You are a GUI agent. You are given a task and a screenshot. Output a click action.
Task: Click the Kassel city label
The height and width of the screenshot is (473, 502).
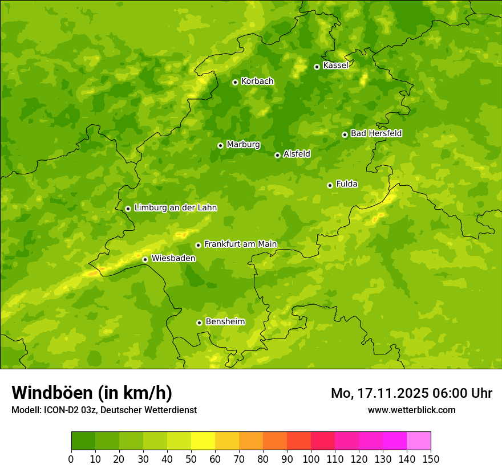tap(335, 66)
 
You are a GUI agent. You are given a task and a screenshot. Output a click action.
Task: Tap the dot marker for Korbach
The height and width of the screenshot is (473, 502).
tap(235, 82)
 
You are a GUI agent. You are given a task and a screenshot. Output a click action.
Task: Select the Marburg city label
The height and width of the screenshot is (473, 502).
tap(243, 145)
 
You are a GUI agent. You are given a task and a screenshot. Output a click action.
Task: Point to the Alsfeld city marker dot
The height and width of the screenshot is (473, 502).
tap(277, 155)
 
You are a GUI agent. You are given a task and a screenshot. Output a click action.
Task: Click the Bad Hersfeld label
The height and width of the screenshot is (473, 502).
tap(376, 133)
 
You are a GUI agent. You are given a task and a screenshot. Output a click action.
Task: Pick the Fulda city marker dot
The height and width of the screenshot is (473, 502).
tap(330, 185)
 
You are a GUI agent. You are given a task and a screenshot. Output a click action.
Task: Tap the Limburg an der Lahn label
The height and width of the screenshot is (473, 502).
tap(175, 208)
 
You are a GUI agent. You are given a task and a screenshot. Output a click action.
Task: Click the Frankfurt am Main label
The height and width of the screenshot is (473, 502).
tap(240, 244)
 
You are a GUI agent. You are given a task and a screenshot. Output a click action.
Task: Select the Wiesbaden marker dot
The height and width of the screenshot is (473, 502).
tap(145, 259)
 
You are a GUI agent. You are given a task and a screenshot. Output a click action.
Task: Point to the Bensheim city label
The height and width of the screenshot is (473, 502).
tap(225, 321)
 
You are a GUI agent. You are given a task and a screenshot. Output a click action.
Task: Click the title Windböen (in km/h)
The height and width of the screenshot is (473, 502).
tap(92, 393)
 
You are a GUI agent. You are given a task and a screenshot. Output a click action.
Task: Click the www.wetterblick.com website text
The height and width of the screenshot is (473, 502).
tap(411, 410)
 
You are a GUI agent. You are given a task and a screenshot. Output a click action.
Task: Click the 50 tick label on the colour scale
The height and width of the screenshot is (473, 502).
tap(191, 459)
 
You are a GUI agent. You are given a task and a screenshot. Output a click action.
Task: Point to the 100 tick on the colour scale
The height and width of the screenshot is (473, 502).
tap(311, 459)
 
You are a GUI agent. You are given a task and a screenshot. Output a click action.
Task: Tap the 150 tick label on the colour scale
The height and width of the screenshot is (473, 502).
tap(431, 459)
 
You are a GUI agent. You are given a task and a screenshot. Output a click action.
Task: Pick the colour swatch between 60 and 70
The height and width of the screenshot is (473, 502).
tap(227, 441)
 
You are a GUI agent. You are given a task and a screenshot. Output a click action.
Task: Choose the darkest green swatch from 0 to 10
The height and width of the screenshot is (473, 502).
tap(83, 441)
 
